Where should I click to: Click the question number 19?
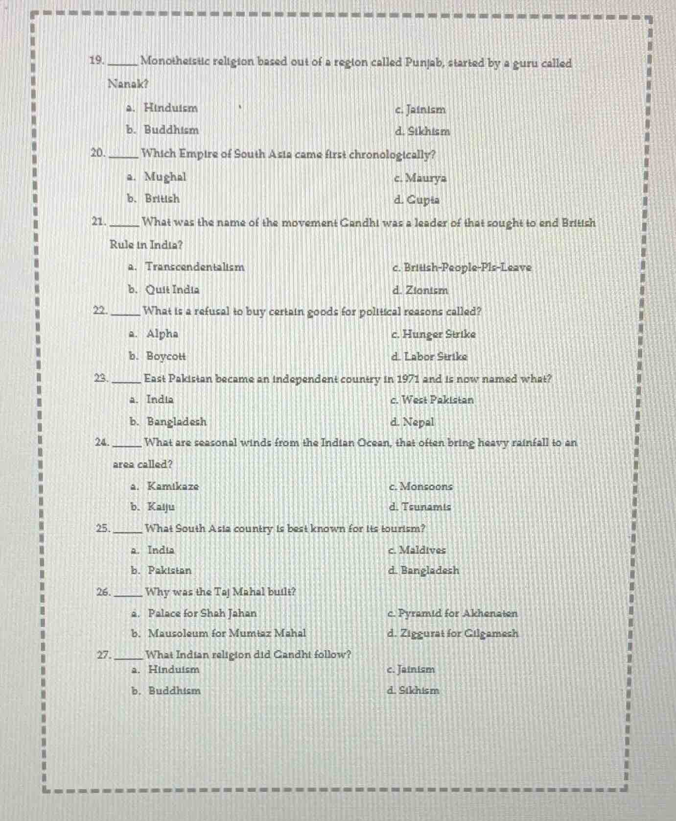point(97,61)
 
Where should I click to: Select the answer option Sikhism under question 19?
point(422,131)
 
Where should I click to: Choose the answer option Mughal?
point(165,177)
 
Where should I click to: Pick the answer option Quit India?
point(172,290)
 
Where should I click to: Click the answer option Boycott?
point(166,356)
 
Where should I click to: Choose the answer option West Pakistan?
point(432,400)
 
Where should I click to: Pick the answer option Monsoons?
point(420,486)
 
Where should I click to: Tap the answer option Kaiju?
point(161,507)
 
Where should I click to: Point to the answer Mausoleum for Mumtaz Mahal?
point(227,633)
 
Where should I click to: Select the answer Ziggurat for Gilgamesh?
point(452,633)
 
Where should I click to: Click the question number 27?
point(103,654)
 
